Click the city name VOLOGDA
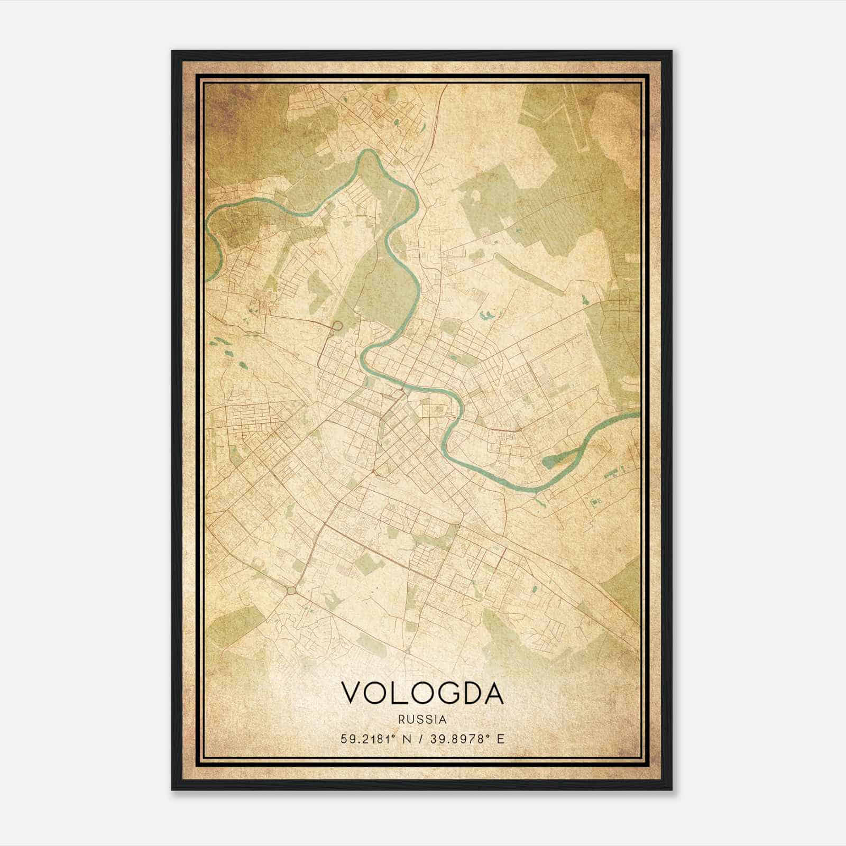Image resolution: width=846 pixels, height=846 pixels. pos(422,693)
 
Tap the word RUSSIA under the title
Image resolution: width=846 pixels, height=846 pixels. pos(422,719)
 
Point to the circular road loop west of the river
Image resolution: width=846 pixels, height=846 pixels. pos(336,326)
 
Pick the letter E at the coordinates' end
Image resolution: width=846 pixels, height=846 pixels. pos(501,738)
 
